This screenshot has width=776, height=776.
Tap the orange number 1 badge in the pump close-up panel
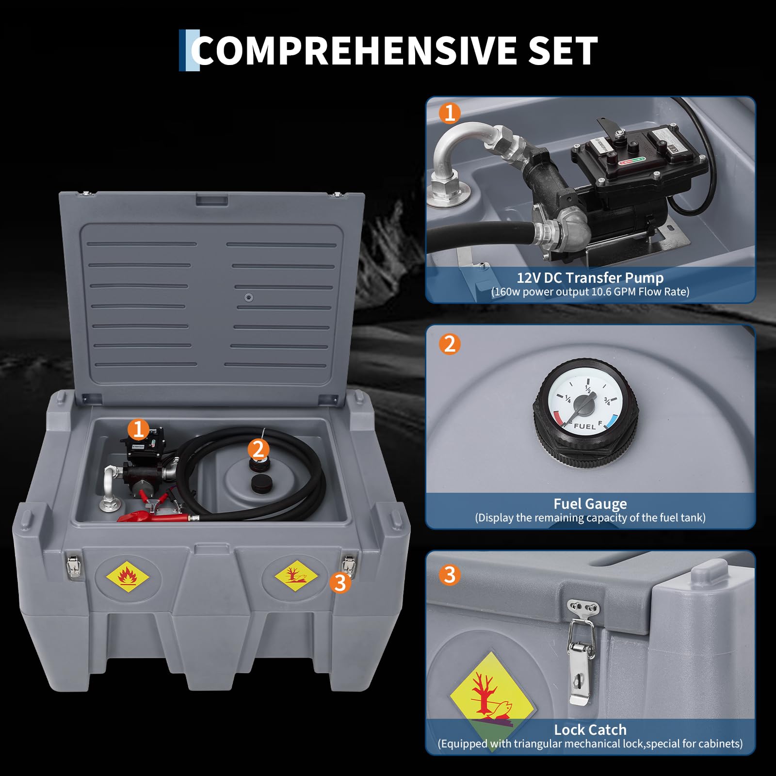tap(450, 113)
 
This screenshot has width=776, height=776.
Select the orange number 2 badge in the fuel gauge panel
tap(450, 344)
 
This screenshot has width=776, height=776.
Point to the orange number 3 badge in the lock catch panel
tap(450, 575)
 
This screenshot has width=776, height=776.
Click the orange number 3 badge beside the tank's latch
tap(340, 582)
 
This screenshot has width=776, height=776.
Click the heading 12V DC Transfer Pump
tap(590, 278)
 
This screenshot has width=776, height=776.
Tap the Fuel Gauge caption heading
tap(590, 504)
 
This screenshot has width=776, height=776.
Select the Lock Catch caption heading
tap(590, 730)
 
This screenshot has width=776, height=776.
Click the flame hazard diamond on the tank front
tap(128, 577)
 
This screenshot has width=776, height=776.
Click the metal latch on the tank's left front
tap(73, 566)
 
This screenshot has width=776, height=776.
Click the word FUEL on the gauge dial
tap(584, 426)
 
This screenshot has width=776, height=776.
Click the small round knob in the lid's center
tap(249, 297)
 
